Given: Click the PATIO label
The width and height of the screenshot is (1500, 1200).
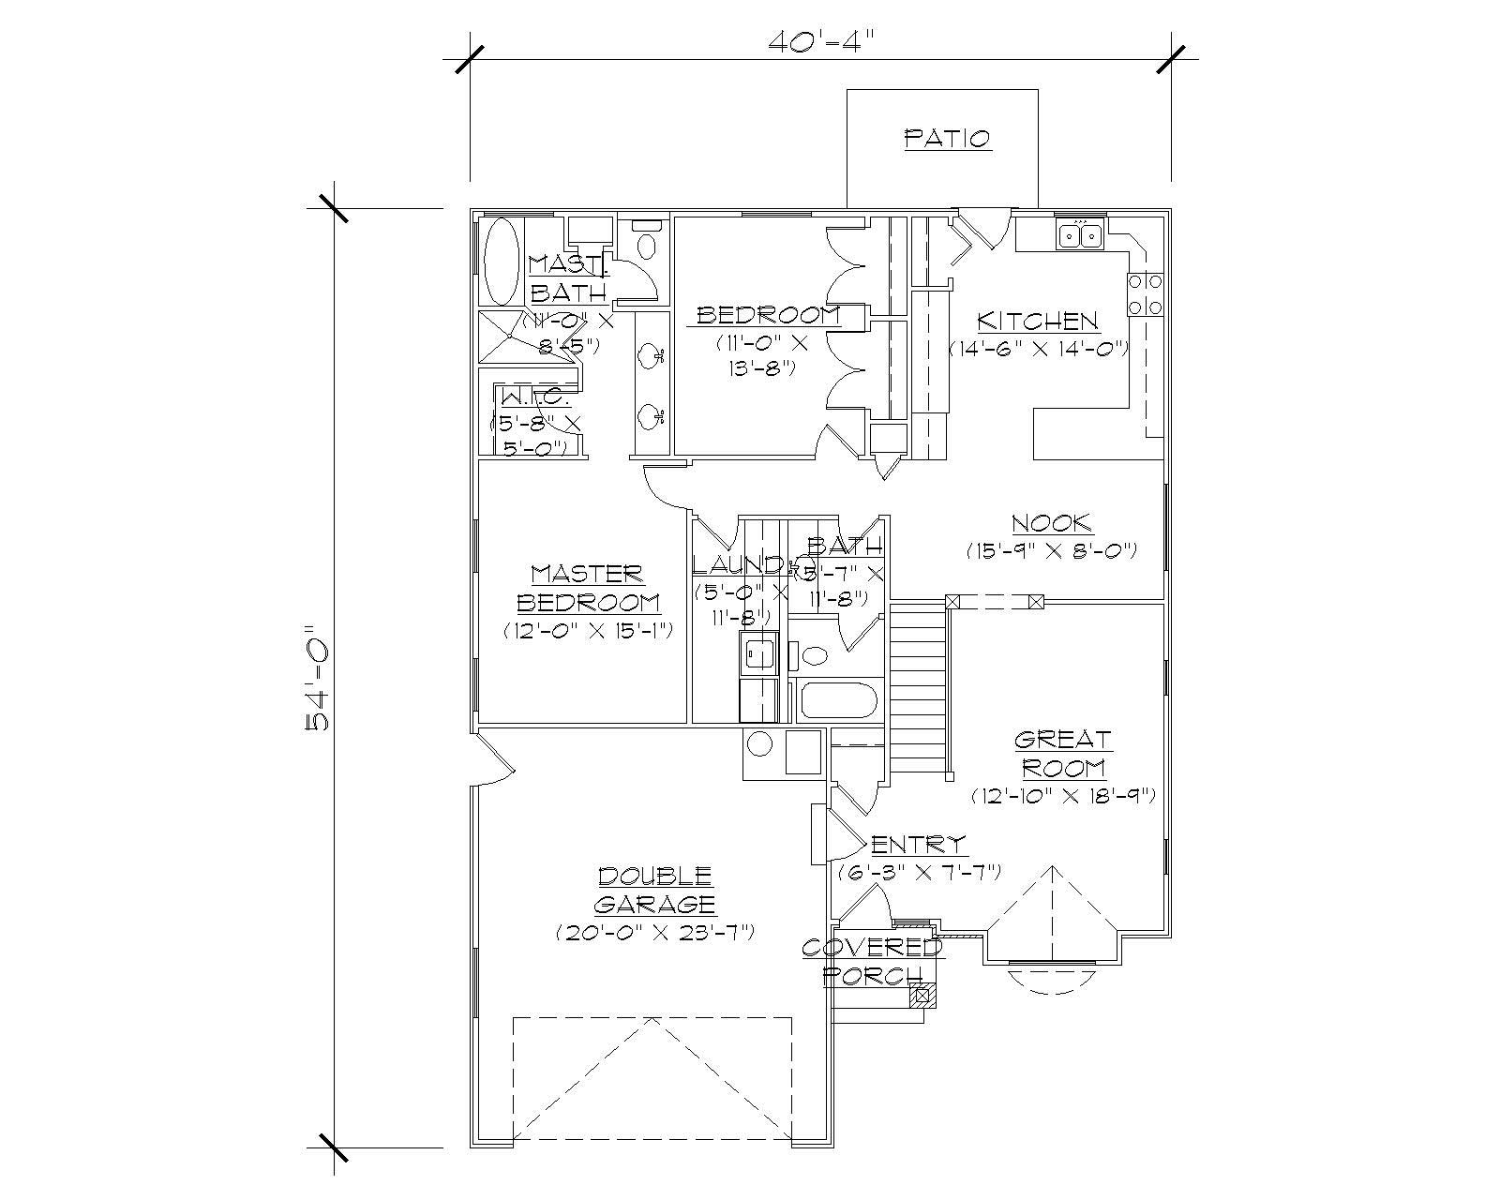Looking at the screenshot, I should point(947,139).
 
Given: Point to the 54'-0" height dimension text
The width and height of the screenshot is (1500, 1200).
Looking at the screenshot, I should point(319,677).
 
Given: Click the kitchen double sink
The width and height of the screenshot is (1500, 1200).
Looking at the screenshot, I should point(1080,234).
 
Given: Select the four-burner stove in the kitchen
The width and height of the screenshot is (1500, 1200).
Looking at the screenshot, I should point(1145,293).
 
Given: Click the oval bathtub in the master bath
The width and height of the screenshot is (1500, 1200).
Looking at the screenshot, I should point(502,262).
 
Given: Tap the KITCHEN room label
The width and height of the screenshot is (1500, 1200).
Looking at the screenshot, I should point(1037,321).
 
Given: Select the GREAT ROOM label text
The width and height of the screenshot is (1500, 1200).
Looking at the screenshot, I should point(1063,754).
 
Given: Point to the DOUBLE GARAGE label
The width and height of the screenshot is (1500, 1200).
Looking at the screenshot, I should point(655,890).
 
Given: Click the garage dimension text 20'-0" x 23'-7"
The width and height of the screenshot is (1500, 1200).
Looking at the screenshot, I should point(655,933).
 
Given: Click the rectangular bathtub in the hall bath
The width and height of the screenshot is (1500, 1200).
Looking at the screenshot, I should point(836,701).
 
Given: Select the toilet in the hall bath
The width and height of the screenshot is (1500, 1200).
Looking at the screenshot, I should point(812,653).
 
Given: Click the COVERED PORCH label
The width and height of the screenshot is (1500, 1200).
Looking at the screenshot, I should point(872,961).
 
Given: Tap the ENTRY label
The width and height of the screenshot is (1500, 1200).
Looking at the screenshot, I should point(918,843).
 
